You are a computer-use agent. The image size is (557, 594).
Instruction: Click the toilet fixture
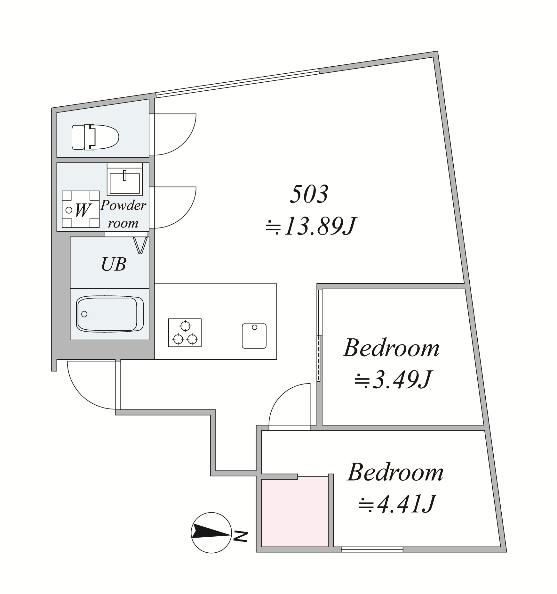click(x=95, y=137)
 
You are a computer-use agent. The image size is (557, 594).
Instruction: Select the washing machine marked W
click(x=81, y=209)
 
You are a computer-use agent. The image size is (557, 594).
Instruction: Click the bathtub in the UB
click(x=110, y=314)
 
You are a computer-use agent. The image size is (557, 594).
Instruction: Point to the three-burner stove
click(x=185, y=333)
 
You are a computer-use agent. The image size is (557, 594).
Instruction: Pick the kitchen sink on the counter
click(x=254, y=336)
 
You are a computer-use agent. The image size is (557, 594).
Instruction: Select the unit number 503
click(x=309, y=194)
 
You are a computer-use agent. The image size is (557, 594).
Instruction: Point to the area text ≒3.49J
click(x=393, y=379)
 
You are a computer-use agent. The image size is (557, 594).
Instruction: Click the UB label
click(x=114, y=265)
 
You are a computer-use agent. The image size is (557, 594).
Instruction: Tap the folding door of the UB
click(x=141, y=245)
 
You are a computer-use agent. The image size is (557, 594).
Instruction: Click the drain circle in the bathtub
click(x=84, y=314)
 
